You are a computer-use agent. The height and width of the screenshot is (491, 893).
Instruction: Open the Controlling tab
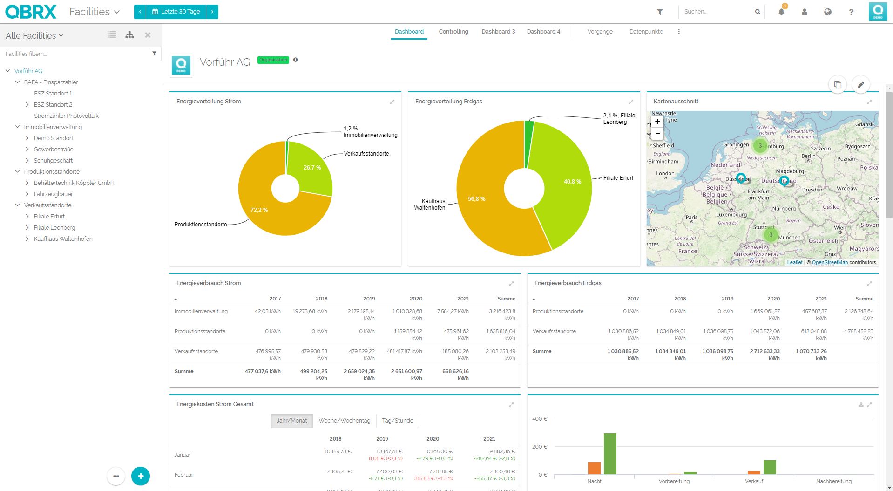(x=453, y=32)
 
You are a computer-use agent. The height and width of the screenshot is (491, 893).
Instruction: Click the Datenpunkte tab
(x=646, y=32)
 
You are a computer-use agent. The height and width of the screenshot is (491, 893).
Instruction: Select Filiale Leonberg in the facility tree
(x=54, y=228)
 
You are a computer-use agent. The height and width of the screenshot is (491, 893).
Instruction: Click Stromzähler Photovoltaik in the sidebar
(x=66, y=116)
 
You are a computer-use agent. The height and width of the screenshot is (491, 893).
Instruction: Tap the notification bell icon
(x=781, y=12)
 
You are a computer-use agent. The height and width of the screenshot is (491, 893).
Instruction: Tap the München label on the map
(x=790, y=238)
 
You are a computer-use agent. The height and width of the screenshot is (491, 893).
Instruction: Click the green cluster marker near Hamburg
(x=760, y=146)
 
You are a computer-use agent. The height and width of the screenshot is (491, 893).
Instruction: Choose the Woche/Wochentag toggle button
(x=344, y=421)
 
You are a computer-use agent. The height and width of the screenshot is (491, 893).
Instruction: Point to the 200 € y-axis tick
(x=540, y=447)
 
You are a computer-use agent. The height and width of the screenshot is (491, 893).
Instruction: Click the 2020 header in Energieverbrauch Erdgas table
(x=773, y=299)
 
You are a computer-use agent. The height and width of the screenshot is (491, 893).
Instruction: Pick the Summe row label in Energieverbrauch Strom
(x=184, y=371)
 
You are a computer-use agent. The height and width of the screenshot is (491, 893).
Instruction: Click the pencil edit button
(x=860, y=85)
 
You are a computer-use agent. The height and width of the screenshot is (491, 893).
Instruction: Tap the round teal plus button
(x=141, y=476)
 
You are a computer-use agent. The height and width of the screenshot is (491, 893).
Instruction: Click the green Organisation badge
(x=273, y=60)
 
